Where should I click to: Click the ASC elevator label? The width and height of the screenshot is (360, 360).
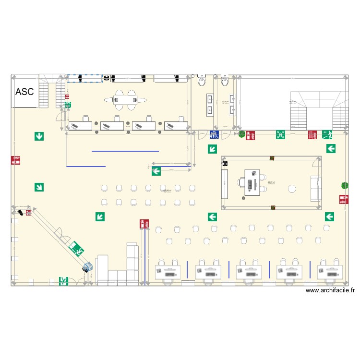[x=25, y=92]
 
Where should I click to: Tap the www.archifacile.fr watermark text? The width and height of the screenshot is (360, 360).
[x=330, y=290]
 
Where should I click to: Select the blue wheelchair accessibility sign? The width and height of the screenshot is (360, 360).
[x=214, y=135]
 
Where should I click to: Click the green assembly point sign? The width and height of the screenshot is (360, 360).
[x=281, y=135]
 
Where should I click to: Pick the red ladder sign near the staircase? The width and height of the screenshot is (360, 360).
[x=312, y=135]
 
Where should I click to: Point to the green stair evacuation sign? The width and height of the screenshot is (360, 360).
[x=327, y=134]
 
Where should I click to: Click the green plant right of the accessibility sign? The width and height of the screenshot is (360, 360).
[x=242, y=134]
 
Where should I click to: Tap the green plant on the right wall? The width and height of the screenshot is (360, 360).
[x=345, y=184]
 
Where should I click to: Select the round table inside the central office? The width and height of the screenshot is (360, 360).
[x=291, y=188]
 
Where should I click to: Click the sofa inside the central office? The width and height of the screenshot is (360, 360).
[x=316, y=188]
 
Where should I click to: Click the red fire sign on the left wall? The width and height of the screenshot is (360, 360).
[x=16, y=160]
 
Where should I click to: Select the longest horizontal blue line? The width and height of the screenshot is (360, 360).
[x=125, y=151]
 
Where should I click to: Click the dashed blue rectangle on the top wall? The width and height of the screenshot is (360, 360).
[x=84, y=78]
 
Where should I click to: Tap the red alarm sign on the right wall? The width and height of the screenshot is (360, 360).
[x=343, y=199]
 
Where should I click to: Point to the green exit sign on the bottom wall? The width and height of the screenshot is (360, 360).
[x=64, y=282]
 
